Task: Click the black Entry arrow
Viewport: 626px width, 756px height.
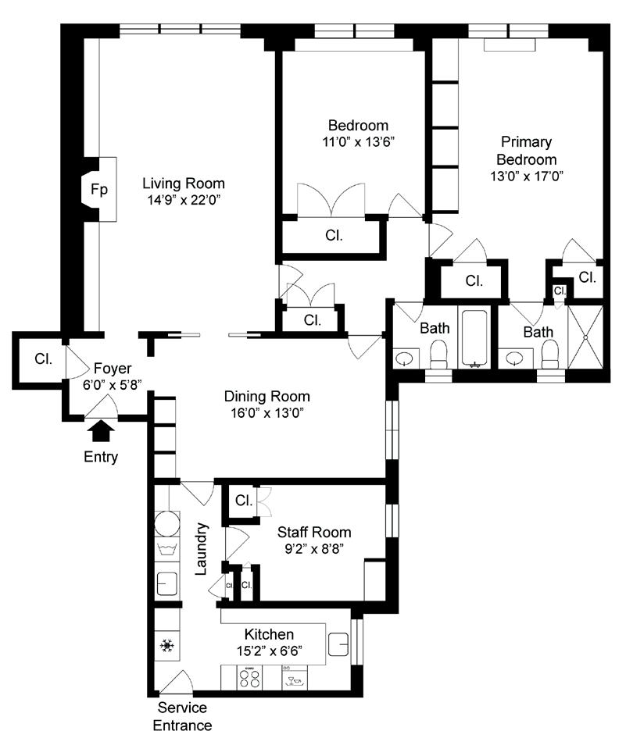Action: click(x=102, y=431)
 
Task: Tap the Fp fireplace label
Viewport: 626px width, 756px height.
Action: click(x=99, y=189)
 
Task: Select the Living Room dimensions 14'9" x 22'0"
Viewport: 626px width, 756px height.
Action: click(x=184, y=200)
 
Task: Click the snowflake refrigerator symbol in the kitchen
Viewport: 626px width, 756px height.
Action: click(x=167, y=645)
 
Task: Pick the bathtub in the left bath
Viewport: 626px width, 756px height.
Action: click(x=474, y=338)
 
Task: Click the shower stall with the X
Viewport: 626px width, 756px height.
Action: click(x=585, y=337)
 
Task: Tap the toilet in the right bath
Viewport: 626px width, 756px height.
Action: click(x=549, y=354)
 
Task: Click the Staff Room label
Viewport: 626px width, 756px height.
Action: click(x=313, y=532)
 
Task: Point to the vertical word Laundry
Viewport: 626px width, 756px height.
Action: click(x=202, y=549)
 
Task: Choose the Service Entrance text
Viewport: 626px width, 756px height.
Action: click(x=182, y=716)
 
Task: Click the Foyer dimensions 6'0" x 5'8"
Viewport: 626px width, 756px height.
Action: click(x=112, y=385)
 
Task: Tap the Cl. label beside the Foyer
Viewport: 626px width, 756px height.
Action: click(x=44, y=358)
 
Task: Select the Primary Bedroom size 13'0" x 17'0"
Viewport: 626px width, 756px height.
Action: click(x=527, y=176)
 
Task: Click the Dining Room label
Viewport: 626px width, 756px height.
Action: click(x=267, y=396)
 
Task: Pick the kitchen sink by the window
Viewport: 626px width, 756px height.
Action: click(x=338, y=644)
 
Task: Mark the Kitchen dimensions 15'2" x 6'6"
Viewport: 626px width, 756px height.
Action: click(x=270, y=651)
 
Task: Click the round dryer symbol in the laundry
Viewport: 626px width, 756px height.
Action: click(x=167, y=523)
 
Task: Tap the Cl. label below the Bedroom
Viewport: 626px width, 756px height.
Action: click(x=334, y=235)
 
